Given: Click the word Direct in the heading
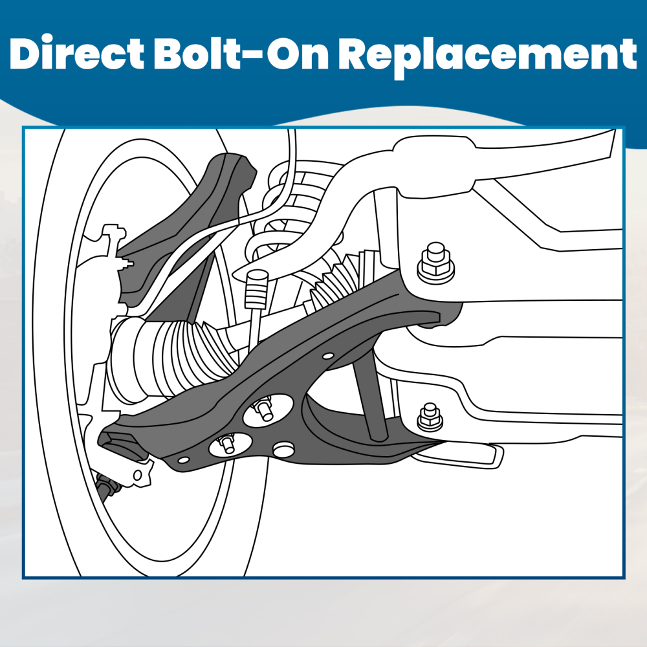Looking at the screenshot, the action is click(76, 54).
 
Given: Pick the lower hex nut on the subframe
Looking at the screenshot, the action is click(430, 417).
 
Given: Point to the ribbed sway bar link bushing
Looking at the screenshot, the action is click(256, 289).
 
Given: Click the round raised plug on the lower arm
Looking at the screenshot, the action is click(284, 450).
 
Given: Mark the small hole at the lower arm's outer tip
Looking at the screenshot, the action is click(183, 459).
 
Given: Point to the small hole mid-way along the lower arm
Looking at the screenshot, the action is click(328, 356).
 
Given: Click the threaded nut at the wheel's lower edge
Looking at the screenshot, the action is click(109, 487).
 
